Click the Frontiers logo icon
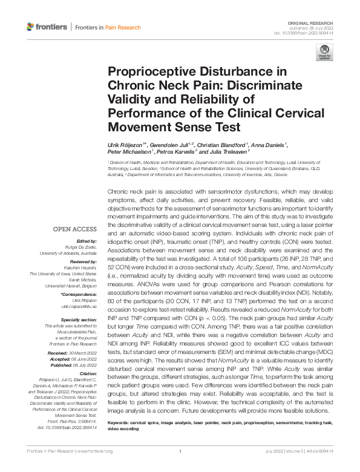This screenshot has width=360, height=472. [31, 27]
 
